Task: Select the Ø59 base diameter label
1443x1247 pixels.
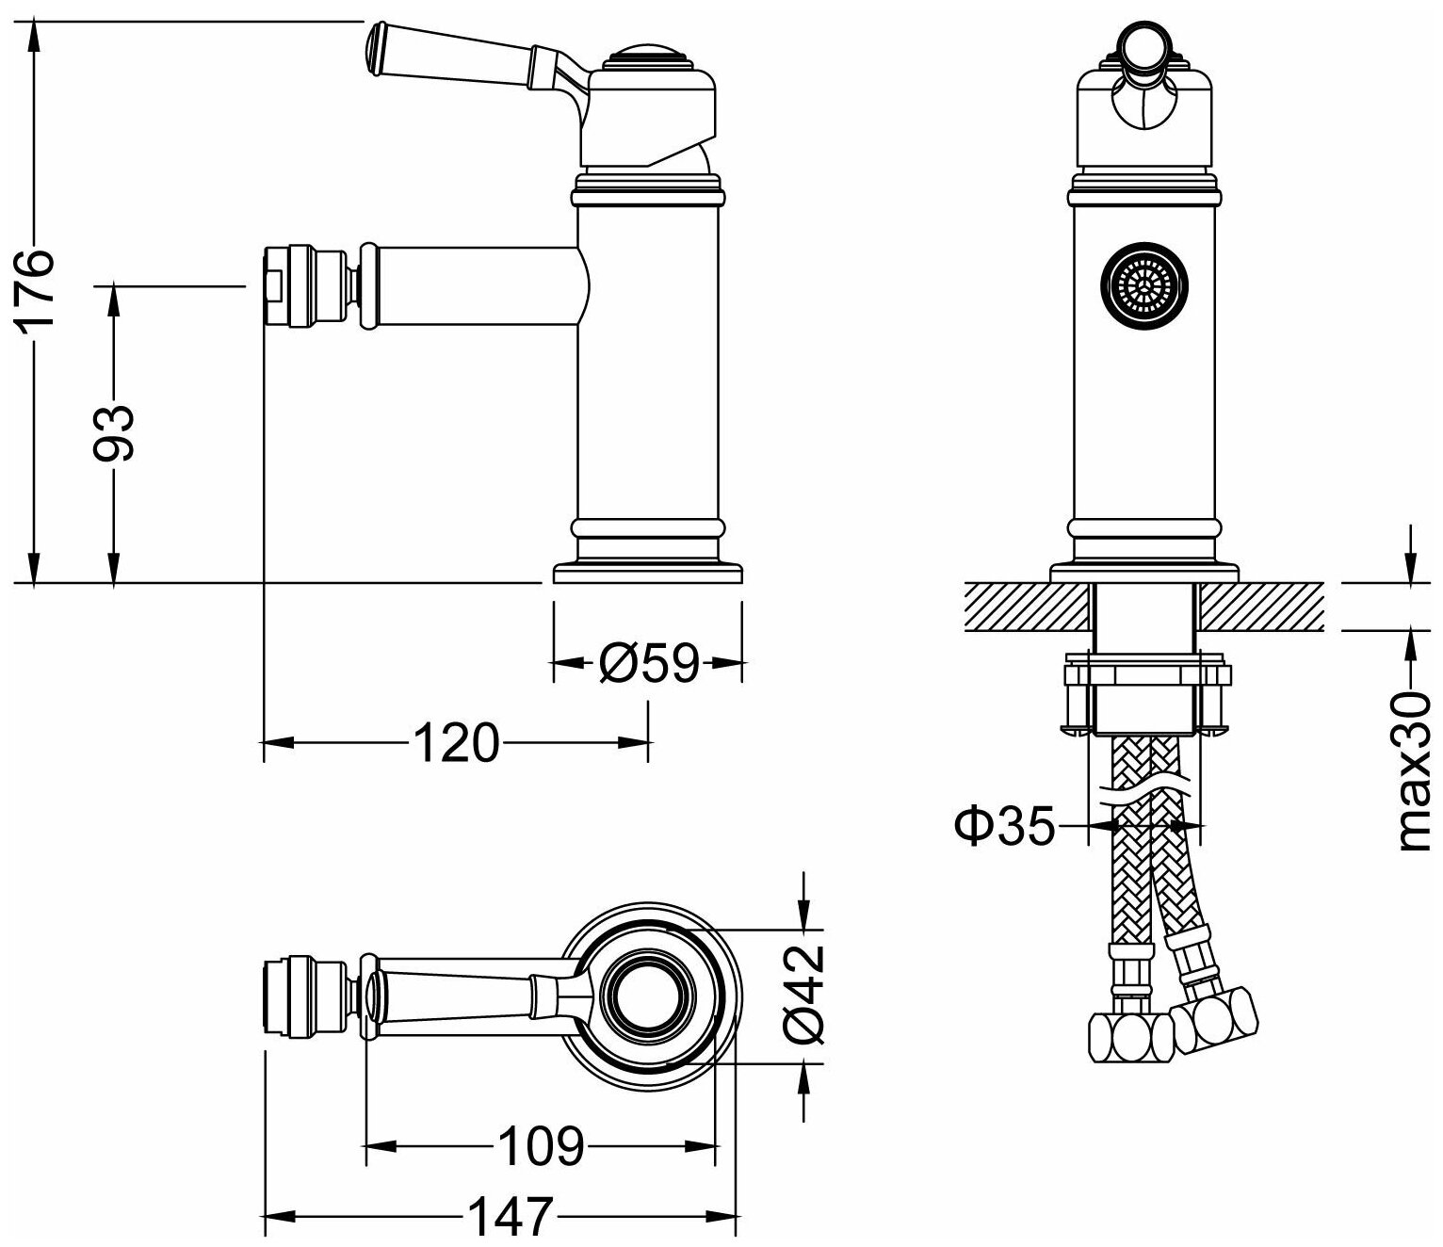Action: pos(649,663)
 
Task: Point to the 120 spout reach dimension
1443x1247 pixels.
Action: pos(455,743)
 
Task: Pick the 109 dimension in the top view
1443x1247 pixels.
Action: pos(540,1145)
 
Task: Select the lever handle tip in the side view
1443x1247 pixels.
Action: pos(376,47)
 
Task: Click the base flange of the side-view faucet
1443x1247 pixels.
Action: pos(648,573)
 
